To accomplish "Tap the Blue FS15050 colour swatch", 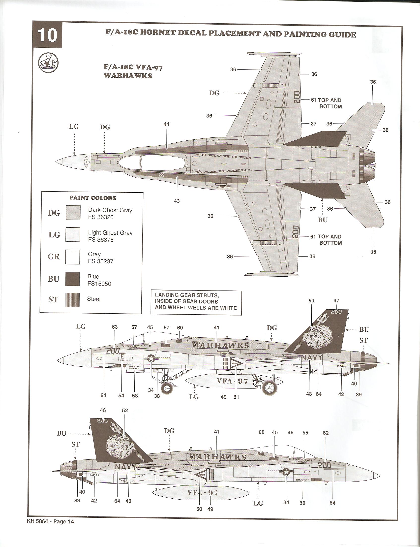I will point(72,279).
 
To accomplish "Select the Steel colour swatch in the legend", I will point(72,300).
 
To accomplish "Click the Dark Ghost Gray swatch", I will point(73,213).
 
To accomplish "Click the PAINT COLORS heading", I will point(93,198).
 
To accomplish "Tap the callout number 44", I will point(166,124).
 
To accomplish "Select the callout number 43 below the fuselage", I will point(177,201).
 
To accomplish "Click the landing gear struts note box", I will point(196,302).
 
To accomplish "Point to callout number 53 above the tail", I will point(311,301).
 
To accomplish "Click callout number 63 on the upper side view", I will point(115,327).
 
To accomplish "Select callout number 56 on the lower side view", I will point(302,503).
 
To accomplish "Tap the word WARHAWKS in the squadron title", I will point(128,75).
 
